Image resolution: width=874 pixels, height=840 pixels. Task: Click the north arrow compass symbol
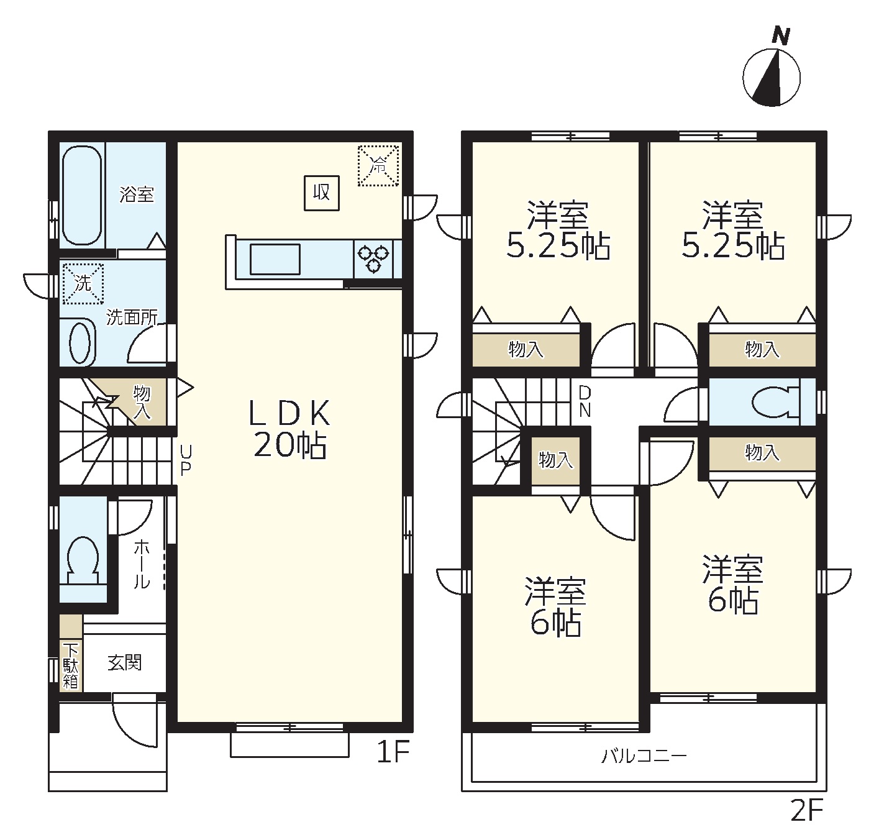click(771, 72)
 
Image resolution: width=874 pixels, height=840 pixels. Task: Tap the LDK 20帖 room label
click(289, 429)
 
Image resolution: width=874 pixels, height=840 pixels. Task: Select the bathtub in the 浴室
click(81, 195)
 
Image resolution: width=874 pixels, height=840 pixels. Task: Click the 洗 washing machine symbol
click(83, 283)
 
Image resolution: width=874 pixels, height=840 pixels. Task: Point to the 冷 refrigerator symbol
click(378, 165)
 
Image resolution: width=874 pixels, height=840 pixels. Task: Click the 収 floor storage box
click(322, 193)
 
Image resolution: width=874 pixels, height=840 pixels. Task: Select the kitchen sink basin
click(275, 259)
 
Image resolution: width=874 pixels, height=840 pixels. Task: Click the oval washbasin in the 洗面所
click(80, 343)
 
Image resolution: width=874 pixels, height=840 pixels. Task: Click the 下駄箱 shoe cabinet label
click(71, 666)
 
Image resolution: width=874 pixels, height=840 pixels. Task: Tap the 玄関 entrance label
click(124, 662)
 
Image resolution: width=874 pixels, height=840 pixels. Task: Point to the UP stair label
click(185, 460)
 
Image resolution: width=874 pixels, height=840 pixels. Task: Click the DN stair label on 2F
click(585, 402)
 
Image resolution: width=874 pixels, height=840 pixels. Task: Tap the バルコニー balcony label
click(644, 757)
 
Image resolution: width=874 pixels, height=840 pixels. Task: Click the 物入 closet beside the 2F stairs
click(556, 460)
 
